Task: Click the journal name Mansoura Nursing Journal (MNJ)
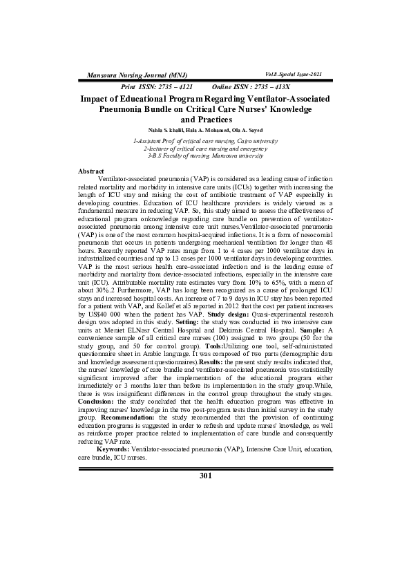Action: (x=131, y=73)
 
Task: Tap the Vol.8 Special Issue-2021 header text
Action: (x=294, y=73)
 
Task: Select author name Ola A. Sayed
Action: (x=245, y=130)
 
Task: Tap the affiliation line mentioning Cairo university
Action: (x=205, y=141)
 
